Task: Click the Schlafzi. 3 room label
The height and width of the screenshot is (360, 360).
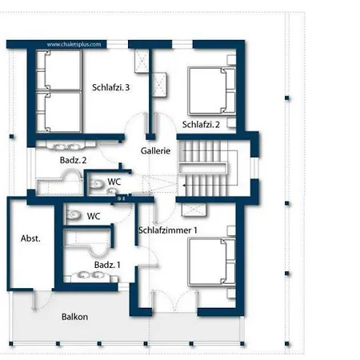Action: point(110,87)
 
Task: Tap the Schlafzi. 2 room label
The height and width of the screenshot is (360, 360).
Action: point(201,125)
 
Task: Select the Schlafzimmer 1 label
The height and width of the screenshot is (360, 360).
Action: point(168,230)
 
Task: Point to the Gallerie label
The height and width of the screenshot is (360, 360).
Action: point(155,151)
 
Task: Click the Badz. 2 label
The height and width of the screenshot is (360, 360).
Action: point(73,160)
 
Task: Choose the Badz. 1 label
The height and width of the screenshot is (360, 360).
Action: point(107,265)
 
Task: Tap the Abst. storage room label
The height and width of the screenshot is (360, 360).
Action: point(30,238)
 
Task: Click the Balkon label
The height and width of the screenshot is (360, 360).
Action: point(74,317)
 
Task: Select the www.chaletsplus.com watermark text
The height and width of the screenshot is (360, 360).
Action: point(74,45)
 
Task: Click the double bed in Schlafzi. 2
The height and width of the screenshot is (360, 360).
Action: point(212,91)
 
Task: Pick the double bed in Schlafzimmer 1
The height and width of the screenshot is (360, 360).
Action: point(212,262)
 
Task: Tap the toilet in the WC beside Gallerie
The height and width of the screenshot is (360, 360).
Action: point(97,184)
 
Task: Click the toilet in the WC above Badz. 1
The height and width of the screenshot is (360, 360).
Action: point(74,215)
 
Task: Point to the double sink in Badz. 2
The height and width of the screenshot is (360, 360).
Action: point(66,146)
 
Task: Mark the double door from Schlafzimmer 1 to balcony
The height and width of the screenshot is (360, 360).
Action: point(174,301)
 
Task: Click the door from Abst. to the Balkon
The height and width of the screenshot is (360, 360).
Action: point(42,300)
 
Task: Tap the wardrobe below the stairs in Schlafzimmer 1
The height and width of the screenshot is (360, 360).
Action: point(194,210)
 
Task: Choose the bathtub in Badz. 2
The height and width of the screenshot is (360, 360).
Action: point(60,184)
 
